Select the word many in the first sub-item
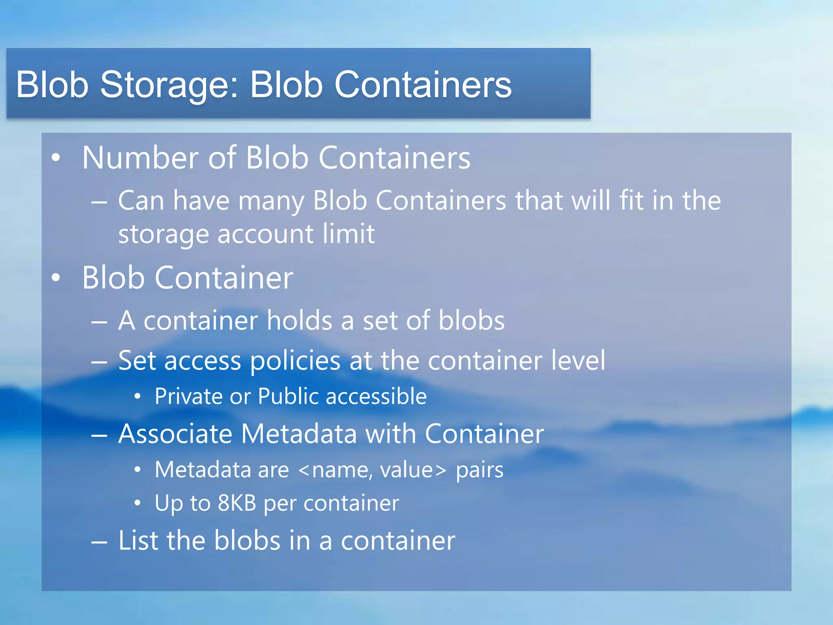click(271, 201)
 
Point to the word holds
click(300, 321)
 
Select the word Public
click(288, 396)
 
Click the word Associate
click(175, 434)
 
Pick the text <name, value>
click(372, 470)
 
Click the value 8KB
click(237, 503)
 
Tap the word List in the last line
click(137, 541)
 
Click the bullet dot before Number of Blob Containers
click(56, 158)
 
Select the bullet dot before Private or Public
click(138, 396)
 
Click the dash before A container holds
click(99, 322)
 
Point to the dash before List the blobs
click(99, 542)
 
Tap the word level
click(578, 361)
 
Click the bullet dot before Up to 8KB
click(138, 504)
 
